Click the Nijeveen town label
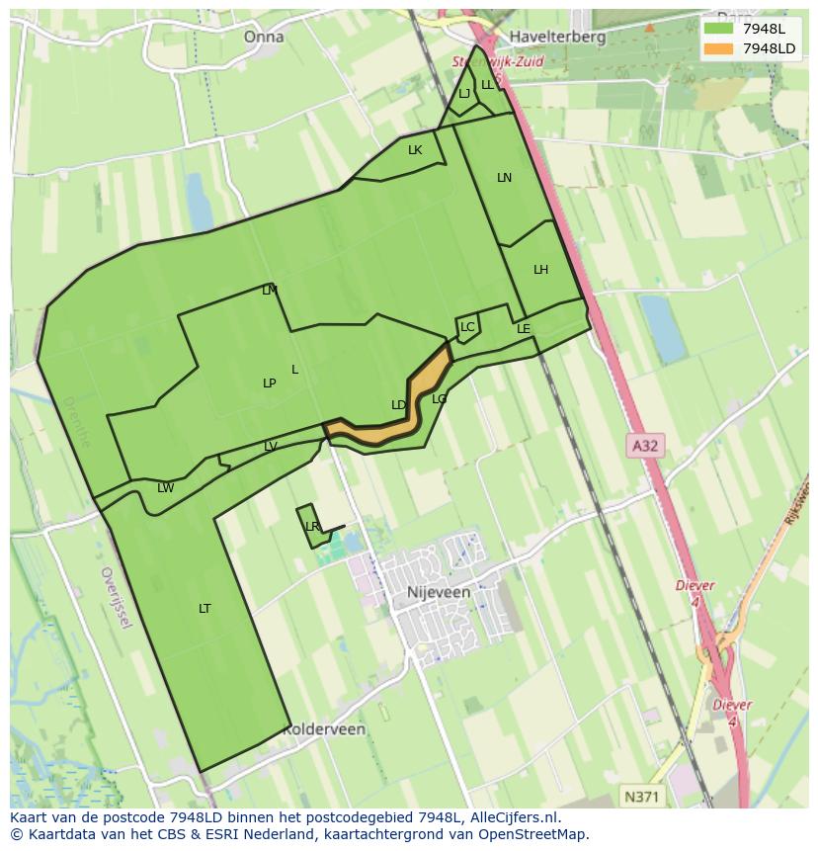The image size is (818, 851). tap(438, 592)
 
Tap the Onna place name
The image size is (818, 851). tap(263, 37)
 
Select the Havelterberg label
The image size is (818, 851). tap(556, 37)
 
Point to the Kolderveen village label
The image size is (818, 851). tap(323, 729)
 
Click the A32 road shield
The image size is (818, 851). tap(644, 446)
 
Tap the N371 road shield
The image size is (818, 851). tap(643, 796)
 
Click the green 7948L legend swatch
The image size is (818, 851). tap(718, 30)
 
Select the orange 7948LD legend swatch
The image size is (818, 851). tap(718, 48)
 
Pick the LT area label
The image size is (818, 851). tap(204, 608)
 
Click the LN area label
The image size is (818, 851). tap(504, 178)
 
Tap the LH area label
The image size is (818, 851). tap(540, 270)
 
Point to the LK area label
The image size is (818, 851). tap(415, 150)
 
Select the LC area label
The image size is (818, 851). tap(467, 327)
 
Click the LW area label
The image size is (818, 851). tap(165, 488)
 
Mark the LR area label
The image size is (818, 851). tap(312, 527)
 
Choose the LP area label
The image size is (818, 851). tap(269, 383)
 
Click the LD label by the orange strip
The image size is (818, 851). tap(398, 405)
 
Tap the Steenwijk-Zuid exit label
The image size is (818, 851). tap(498, 61)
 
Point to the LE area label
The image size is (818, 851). tap(524, 329)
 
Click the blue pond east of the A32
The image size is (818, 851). tap(662, 328)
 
